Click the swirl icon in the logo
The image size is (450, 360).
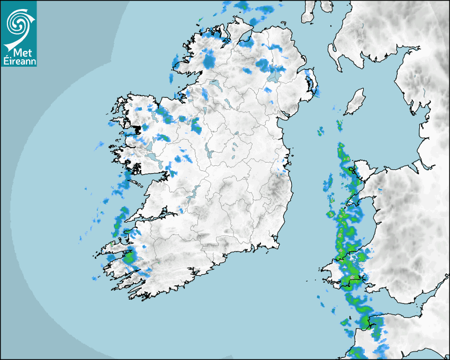(18, 23)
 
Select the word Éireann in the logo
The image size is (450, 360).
(19, 61)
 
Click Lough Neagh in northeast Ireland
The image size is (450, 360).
(274, 75)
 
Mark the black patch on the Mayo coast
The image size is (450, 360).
(139, 129)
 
